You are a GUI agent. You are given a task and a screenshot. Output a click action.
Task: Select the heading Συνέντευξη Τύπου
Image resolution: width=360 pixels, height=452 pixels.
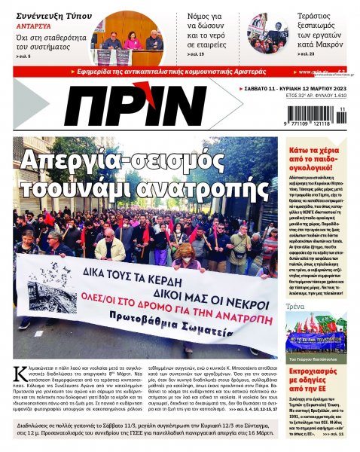44,11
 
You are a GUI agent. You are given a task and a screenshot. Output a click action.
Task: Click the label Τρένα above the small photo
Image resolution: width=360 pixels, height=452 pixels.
295,307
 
